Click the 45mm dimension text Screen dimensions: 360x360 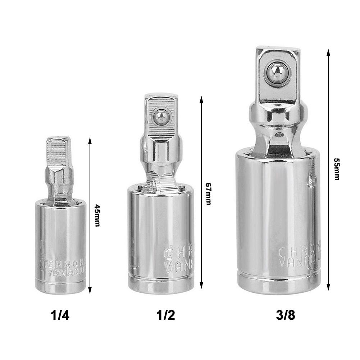pos(97,215)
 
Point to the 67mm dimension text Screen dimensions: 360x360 pos(208,193)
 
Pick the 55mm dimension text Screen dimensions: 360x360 pos(336,169)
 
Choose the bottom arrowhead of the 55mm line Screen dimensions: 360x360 pos(328,288)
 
